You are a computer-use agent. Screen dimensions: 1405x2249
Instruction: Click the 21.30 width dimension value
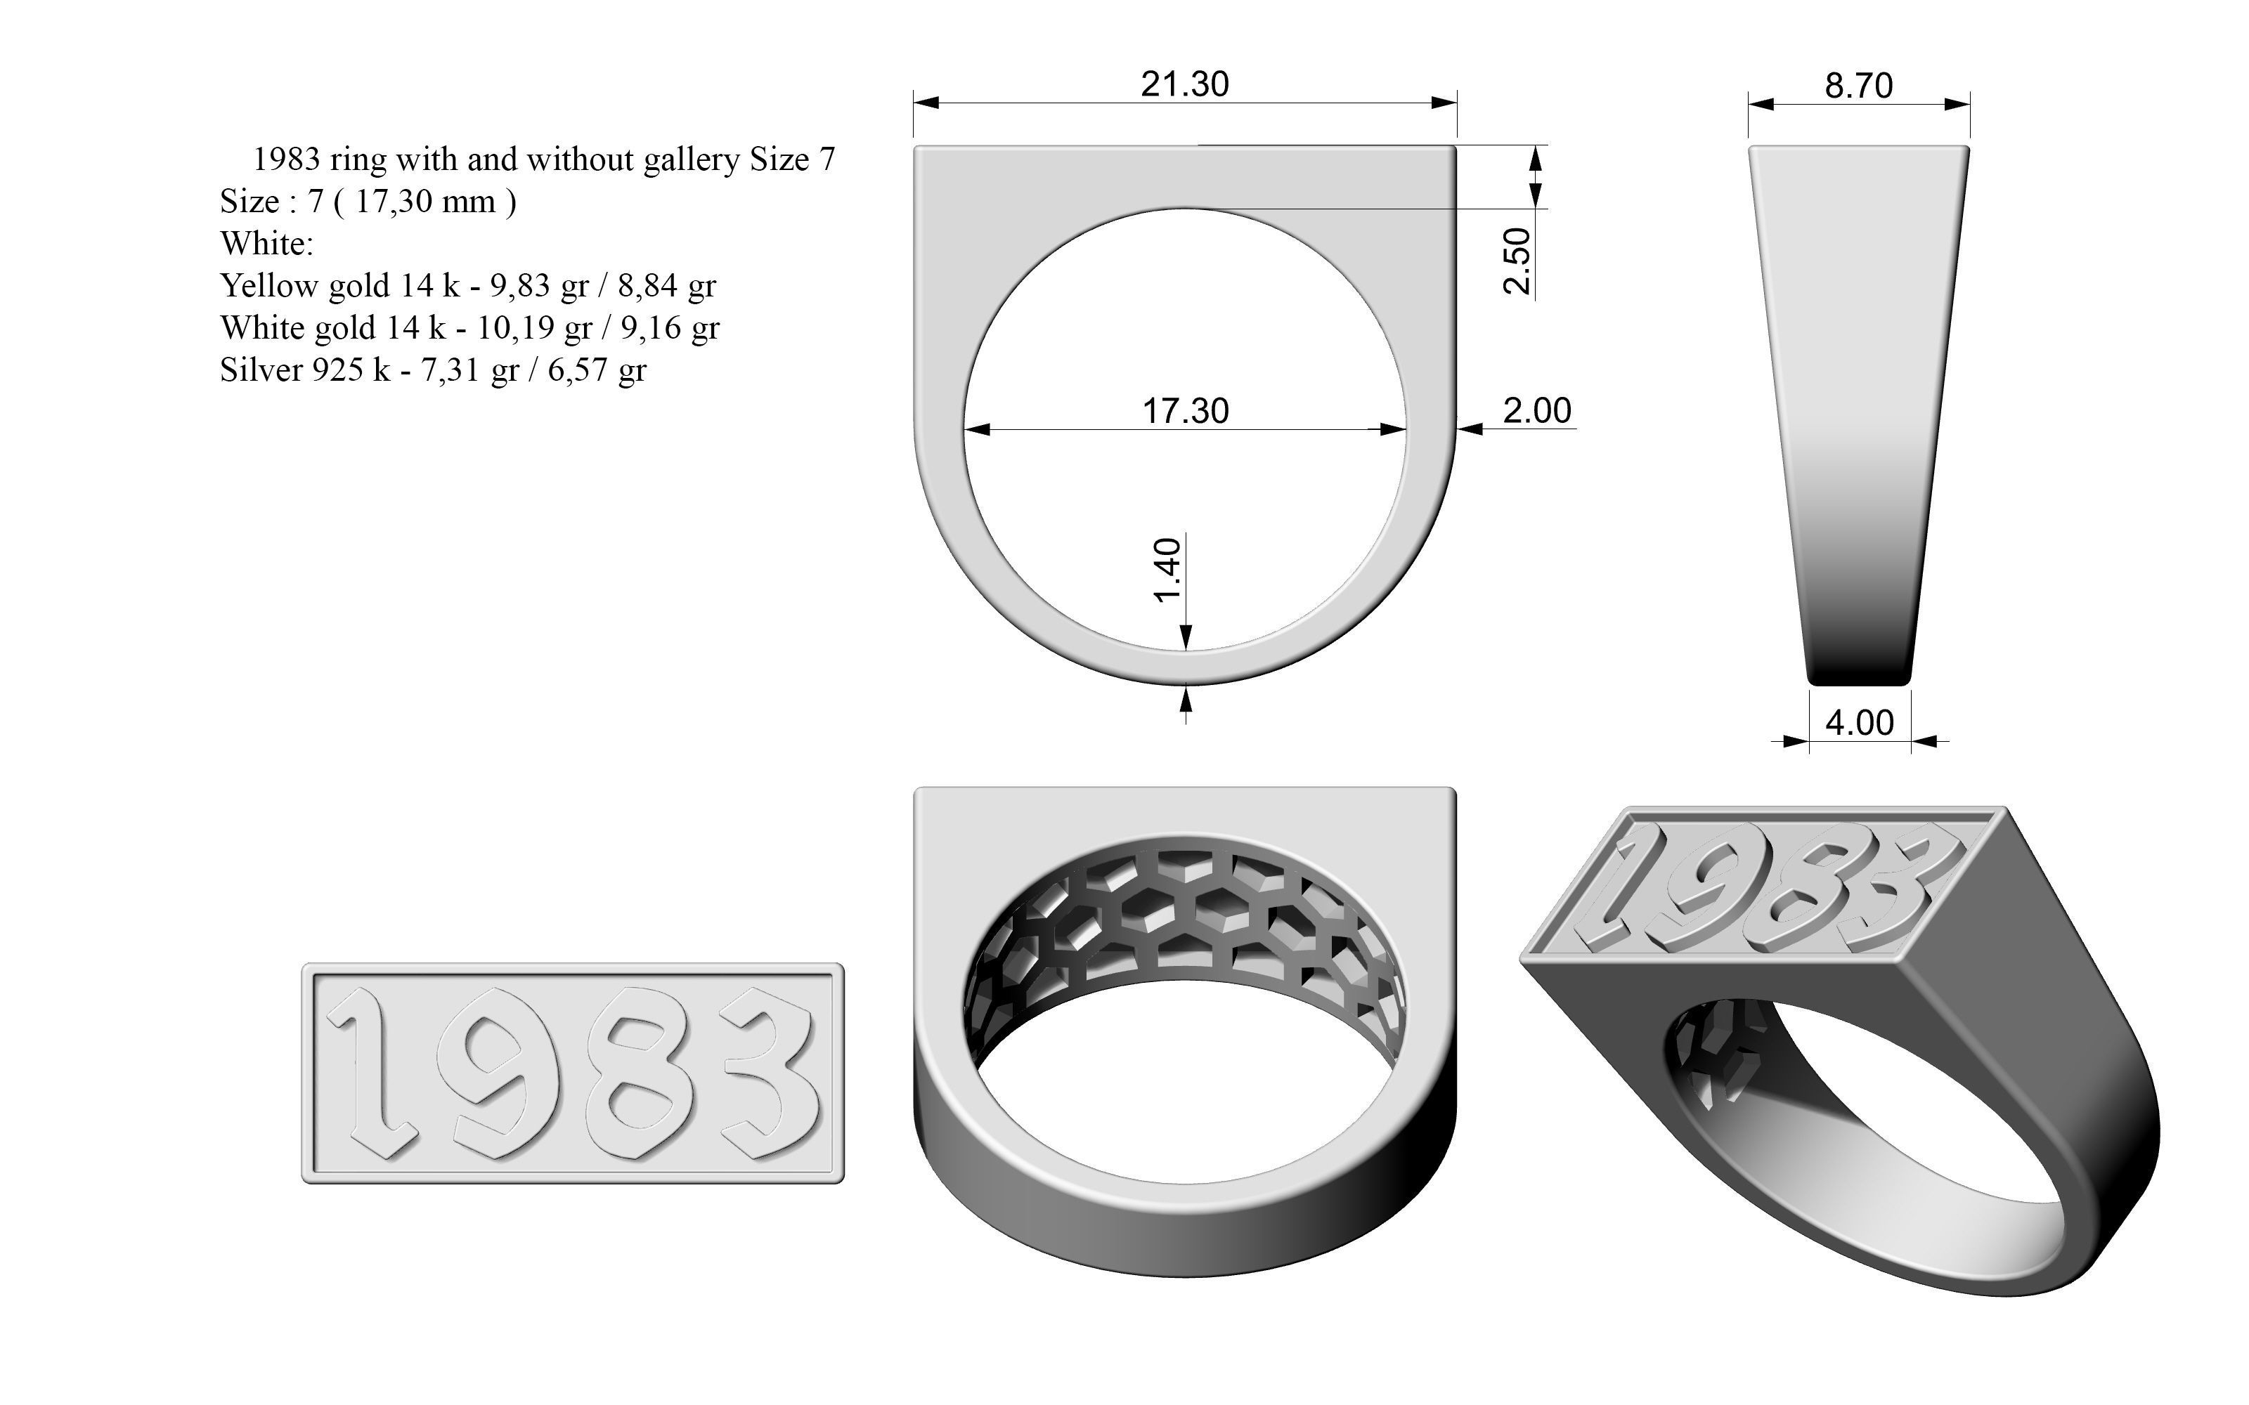click(1184, 84)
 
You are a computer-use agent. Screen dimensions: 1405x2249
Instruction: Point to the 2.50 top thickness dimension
click(1517, 261)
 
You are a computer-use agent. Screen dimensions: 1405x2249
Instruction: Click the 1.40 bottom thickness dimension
click(1167, 570)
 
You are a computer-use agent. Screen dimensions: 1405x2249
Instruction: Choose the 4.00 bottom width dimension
click(1859, 723)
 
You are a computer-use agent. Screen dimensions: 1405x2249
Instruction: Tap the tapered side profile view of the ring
click(1859, 409)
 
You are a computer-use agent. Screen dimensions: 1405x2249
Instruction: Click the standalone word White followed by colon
click(266, 244)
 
